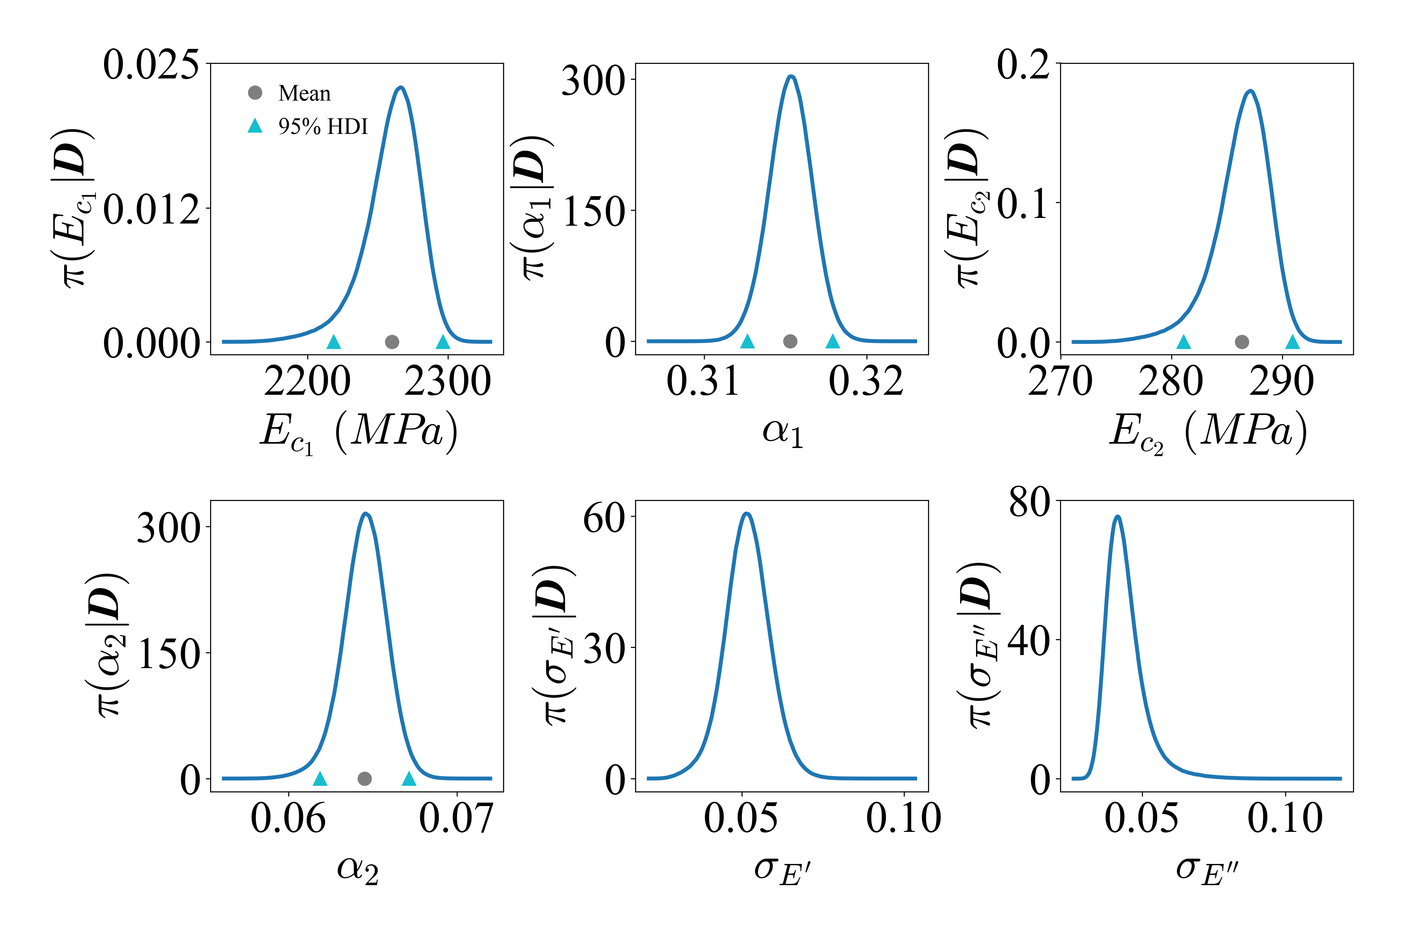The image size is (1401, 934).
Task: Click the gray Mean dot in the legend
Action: (255, 92)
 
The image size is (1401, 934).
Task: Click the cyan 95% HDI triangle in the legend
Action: (255, 126)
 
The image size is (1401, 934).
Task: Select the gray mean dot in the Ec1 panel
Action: (392, 342)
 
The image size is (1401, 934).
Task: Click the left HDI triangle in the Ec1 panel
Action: (334, 342)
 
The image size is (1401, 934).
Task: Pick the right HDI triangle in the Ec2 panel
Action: (1293, 342)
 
